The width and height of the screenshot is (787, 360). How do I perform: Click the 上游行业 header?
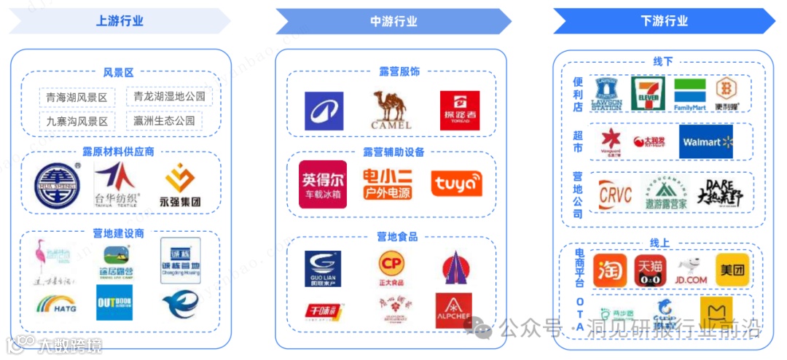click(120, 20)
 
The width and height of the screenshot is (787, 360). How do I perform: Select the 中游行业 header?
click(393, 21)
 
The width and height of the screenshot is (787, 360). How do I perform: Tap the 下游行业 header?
click(664, 21)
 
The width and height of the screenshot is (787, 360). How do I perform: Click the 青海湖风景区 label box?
click(77, 97)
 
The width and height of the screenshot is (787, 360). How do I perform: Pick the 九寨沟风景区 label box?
click(77, 121)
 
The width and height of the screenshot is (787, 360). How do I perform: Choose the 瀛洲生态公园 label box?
click(164, 120)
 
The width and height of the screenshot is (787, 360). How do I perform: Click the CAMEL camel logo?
click(392, 110)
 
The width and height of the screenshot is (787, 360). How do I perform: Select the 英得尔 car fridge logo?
click(323, 184)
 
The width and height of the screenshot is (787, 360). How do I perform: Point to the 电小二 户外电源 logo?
click(387, 184)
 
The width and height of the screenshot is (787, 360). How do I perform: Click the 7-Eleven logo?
click(648, 94)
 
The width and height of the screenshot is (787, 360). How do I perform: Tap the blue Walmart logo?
click(706, 141)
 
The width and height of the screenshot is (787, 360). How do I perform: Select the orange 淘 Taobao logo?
click(610, 270)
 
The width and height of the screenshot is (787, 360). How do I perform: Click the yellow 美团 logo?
click(732, 270)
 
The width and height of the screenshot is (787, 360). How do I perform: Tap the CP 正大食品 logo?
click(391, 267)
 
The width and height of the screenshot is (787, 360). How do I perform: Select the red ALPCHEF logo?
click(453, 310)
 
